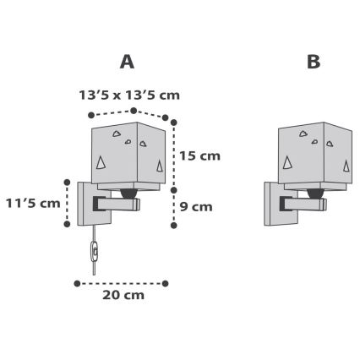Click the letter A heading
[127, 62]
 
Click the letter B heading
[314, 62]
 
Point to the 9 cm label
[195, 206]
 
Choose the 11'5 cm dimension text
[32, 203]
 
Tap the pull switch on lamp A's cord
[94, 251]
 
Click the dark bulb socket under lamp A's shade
[128, 194]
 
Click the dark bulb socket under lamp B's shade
[315, 194]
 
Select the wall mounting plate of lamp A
[85, 203]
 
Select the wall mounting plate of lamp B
[272, 203]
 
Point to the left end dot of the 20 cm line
[78, 282]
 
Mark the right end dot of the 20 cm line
[166, 282]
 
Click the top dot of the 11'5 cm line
[67, 181]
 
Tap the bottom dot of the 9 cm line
[173, 225]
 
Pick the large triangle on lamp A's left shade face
[102, 161]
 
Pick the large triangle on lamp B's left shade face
[289, 161]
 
